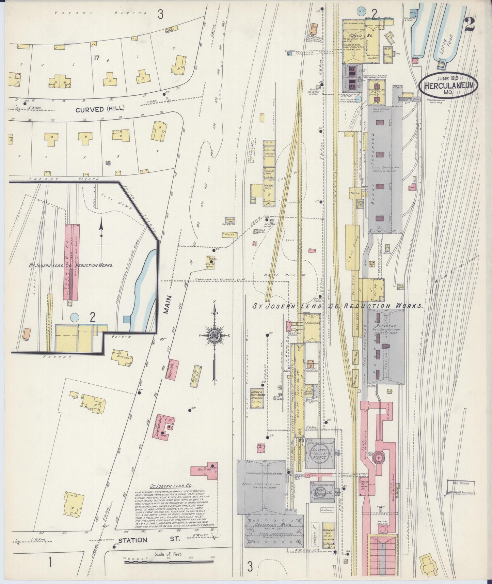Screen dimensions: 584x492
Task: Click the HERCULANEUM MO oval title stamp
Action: [x=448, y=86]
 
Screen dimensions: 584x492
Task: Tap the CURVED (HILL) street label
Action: [x=100, y=109]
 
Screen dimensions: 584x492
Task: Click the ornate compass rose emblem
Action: [x=215, y=335]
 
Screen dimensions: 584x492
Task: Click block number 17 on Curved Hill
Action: [x=96, y=58]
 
